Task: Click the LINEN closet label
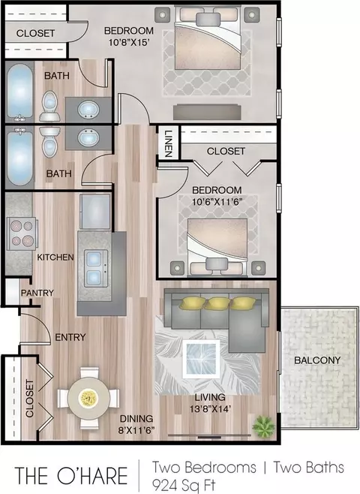169,143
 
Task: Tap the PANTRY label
37,293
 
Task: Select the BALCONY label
317,360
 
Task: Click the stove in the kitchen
22,233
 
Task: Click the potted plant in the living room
264,426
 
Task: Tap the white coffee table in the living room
201,359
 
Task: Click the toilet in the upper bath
49,106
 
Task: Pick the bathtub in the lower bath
19,158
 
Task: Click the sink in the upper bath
88,110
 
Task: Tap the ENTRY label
70,337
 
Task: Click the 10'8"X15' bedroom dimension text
128,42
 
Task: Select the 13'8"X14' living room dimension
210,409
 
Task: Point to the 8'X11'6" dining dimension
136,429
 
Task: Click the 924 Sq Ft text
184,485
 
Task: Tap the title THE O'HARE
71,475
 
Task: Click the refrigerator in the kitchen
95,212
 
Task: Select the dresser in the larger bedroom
207,112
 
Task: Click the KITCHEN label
55,258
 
